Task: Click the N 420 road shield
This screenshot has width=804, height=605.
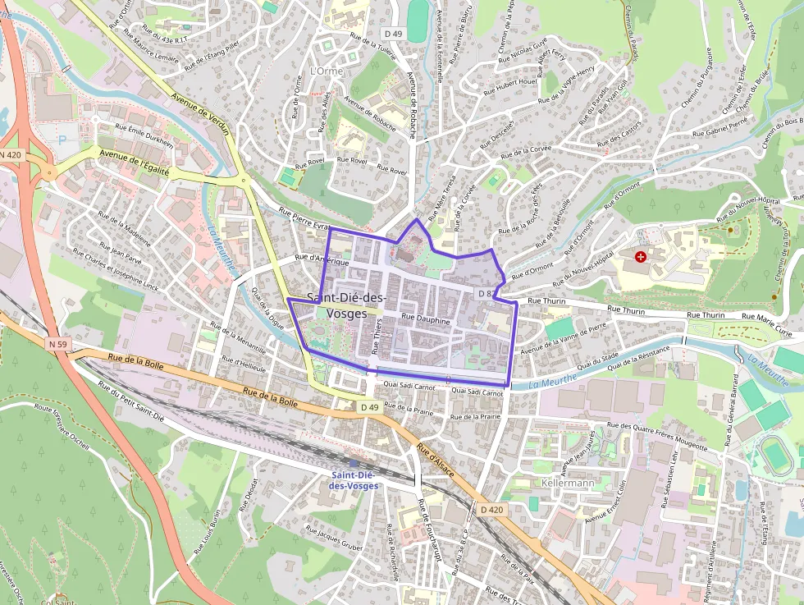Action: tap(11, 154)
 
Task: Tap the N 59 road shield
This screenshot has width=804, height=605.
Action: tap(57, 345)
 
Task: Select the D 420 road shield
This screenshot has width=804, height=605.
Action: tap(491, 510)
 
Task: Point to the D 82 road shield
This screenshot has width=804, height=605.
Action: tap(487, 293)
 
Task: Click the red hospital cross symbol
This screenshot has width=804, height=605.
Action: tap(641, 257)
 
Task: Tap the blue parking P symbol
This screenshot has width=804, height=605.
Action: tap(62, 140)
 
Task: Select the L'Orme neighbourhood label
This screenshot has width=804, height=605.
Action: tap(327, 71)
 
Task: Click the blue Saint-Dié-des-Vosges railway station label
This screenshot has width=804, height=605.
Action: tap(354, 480)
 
